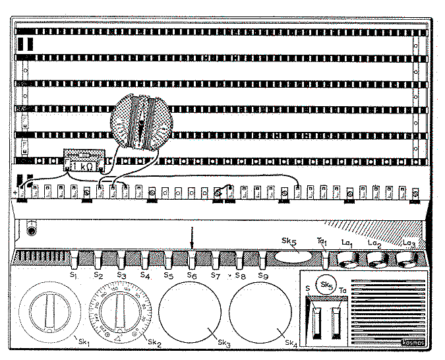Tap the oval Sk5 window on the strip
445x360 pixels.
tap(293, 257)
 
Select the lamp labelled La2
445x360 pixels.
tap(376, 262)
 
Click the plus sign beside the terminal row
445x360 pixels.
tap(14, 192)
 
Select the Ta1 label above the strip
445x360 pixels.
tap(322, 243)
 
